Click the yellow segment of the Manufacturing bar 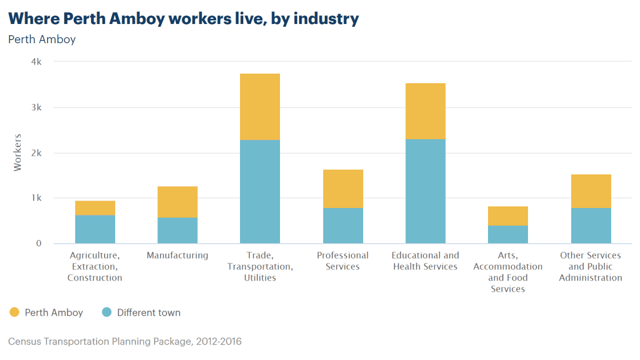(x=177, y=202)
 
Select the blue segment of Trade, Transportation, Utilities (x=260, y=191)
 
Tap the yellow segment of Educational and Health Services (x=425, y=111)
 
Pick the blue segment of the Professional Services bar (x=342, y=226)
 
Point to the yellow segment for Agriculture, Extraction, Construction (x=95, y=208)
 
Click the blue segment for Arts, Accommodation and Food (x=508, y=235)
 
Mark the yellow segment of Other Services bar (x=591, y=191)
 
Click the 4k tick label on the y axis (x=36, y=62)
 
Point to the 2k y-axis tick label (x=36, y=153)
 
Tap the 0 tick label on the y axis (x=38, y=244)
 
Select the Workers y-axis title (x=18, y=153)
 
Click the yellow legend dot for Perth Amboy (x=14, y=313)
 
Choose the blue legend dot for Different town (x=107, y=313)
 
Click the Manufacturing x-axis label (x=177, y=255)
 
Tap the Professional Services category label (x=342, y=261)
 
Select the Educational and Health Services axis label (x=425, y=261)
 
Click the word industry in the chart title (x=326, y=19)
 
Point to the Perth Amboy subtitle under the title (x=42, y=39)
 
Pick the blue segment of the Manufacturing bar (x=177, y=230)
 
